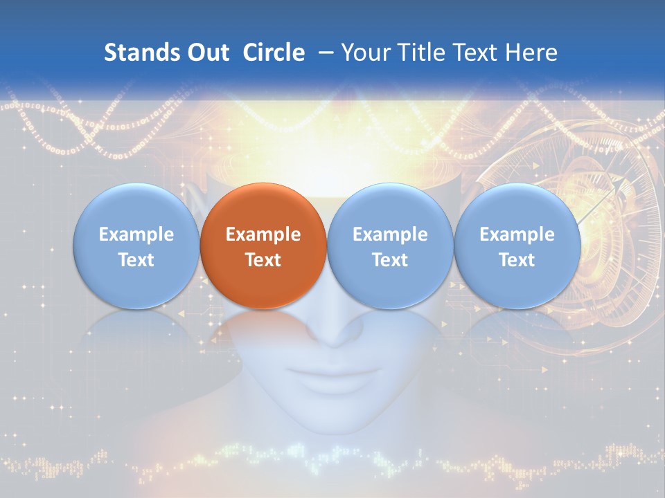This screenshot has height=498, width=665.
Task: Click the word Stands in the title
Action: pos(136,53)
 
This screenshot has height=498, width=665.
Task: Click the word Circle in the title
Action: pos(274,53)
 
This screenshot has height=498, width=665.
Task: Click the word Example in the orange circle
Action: pos(263,234)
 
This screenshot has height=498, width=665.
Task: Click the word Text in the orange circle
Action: pos(263,260)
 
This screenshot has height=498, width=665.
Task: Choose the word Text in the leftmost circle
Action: pos(136,260)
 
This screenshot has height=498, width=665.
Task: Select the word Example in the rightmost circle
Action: pos(517,234)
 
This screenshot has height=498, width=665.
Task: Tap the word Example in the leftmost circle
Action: pos(136,234)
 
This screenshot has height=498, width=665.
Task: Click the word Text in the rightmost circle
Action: pos(517,260)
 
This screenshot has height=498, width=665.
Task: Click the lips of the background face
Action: pos(335,377)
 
